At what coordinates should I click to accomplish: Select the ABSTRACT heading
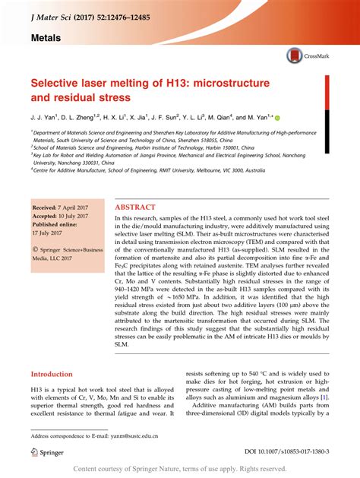click(x=135, y=207)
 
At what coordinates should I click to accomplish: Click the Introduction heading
click(x=57, y=375)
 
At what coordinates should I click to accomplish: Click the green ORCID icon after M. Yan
click(x=277, y=118)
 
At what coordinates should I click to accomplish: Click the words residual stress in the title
click(x=94, y=97)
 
